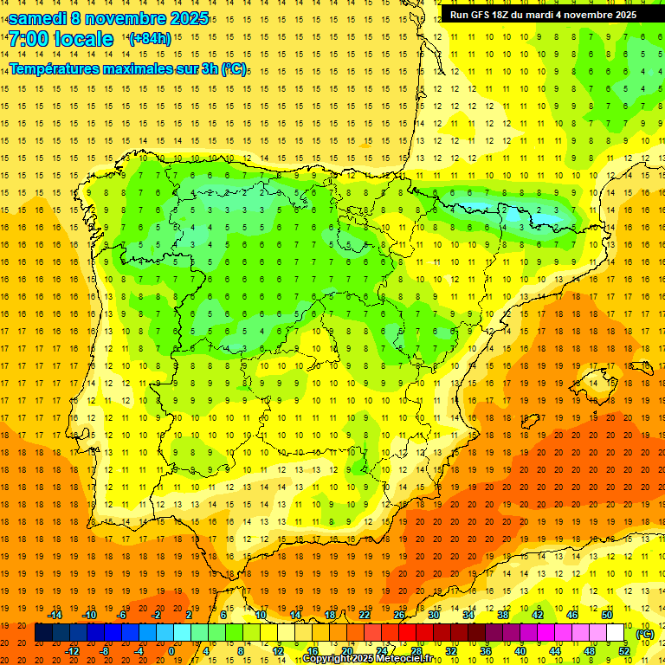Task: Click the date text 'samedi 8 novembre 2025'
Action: [x=108, y=18]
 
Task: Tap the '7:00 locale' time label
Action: [x=61, y=39]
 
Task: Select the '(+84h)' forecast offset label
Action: [x=150, y=39]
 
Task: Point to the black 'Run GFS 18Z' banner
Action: [x=543, y=15]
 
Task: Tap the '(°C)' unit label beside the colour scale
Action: [x=644, y=634]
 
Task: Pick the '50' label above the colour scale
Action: [x=606, y=615]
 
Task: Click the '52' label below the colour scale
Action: [x=624, y=651]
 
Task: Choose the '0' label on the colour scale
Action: [x=171, y=651]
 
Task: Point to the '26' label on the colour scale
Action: [x=399, y=615]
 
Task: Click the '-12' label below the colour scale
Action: [x=72, y=651]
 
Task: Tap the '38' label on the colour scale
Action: [x=503, y=615]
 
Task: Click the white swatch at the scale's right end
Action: [x=616, y=633]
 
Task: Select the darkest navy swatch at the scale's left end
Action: [x=43, y=633]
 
